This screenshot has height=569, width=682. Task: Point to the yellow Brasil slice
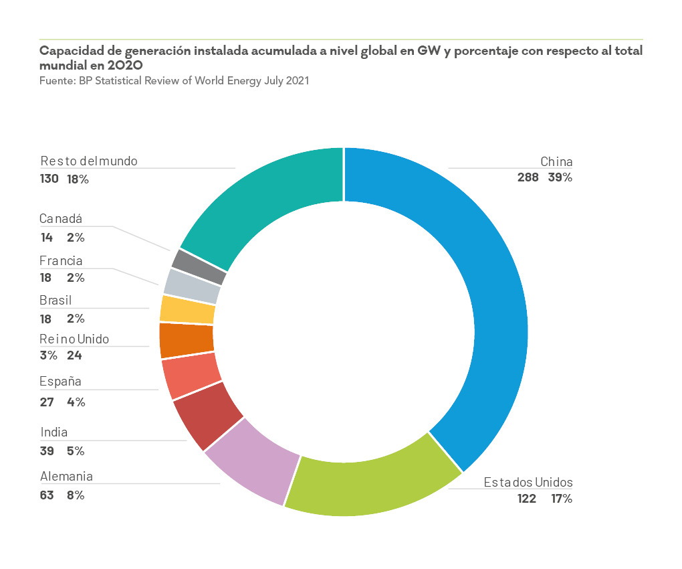click(187, 309)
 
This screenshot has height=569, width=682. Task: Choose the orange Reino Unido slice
click(186, 339)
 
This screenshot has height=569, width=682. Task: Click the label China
click(556, 162)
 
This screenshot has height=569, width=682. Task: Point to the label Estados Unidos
click(528, 483)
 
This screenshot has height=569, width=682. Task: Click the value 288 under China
click(528, 178)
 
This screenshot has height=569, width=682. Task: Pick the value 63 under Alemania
click(47, 495)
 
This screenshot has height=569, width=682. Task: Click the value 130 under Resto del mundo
click(49, 179)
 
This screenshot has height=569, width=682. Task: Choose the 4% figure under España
click(76, 402)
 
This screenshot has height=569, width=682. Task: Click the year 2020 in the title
click(124, 66)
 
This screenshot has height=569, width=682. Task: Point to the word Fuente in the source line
click(56, 80)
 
